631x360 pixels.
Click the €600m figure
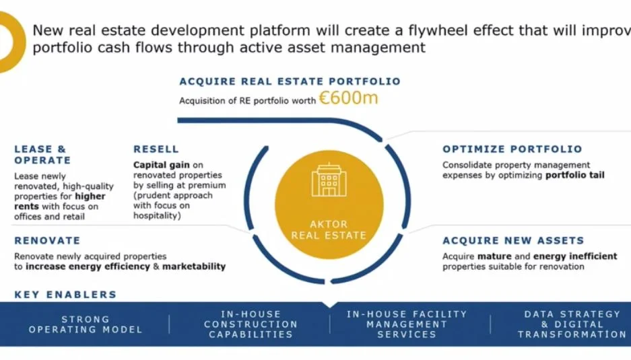click(x=349, y=98)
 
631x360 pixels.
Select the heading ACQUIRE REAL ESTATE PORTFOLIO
click(x=290, y=81)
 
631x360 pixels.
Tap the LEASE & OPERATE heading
click(x=42, y=155)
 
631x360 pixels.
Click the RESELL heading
click(x=156, y=149)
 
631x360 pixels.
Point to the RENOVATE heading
click(x=48, y=240)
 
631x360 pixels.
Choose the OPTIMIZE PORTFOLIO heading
click(x=512, y=149)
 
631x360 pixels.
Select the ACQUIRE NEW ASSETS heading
click(x=513, y=240)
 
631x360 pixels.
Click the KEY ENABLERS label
click(x=65, y=295)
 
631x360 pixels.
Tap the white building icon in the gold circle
click(x=329, y=180)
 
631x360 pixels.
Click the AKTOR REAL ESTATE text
click(x=329, y=229)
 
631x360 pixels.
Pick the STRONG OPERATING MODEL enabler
click(x=86, y=324)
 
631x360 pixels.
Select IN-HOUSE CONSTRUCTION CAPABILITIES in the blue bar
click(x=251, y=324)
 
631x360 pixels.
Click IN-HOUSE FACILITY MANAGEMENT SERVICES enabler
click(x=407, y=324)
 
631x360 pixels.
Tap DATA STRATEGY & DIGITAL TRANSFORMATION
click(x=572, y=324)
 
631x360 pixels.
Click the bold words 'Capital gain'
click(x=162, y=165)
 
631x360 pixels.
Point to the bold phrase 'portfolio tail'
click(x=574, y=175)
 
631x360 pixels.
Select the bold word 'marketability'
click(x=193, y=266)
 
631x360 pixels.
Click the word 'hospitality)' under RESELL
click(x=157, y=215)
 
